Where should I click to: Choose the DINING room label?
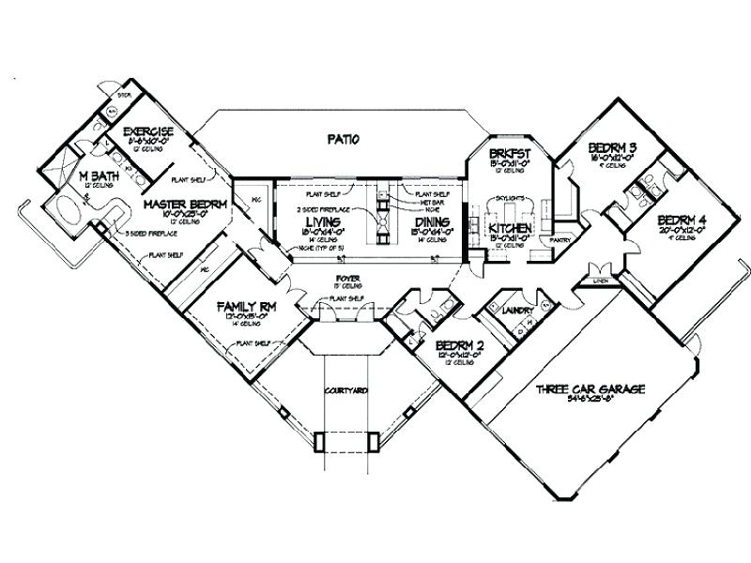[x=433, y=221]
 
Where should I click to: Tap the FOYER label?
[x=349, y=280]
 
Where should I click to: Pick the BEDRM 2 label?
[x=459, y=346]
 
